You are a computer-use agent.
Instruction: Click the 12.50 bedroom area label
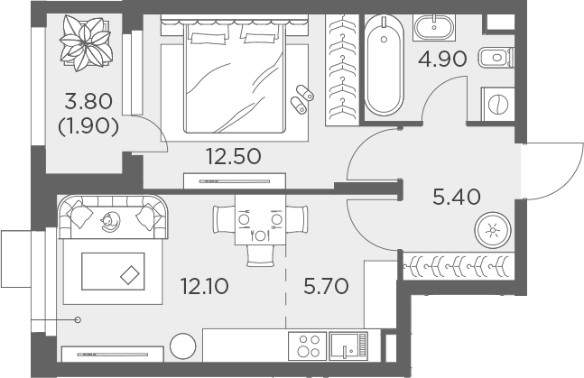click(x=234, y=156)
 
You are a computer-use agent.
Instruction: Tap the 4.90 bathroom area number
click(x=442, y=59)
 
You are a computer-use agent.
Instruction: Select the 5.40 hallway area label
click(x=457, y=197)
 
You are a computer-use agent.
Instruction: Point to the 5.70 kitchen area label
click(x=326, y=286)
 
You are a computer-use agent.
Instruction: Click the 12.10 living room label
click(x=205, y=286)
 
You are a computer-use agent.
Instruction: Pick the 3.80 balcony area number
click(x=88, y=101)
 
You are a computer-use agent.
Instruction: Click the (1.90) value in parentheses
click(x=88, y=126)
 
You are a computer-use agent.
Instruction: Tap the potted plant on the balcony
click(x=86, y=42)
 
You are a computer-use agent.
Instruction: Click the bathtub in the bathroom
click(x=384, y=66)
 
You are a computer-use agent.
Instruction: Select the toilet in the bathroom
click(x=496, y=58)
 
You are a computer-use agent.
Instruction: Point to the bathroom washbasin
click(x=434, y=27)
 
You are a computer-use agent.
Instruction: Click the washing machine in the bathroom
click(x=498, y=104)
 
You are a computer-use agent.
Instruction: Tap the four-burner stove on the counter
click(x=308, y=346)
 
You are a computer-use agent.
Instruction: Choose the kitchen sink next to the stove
click(x=348, y=346)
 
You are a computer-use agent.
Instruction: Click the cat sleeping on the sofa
click(x=110, y=222)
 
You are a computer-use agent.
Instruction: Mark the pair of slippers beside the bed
click(x=302, y=99)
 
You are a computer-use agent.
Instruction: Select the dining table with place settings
click(x=260, y=220)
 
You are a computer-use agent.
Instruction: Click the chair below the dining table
click(x=260, y=256)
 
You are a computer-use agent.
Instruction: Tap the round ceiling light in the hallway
click(x=493, y=230)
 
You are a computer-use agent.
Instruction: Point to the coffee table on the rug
click(x=113, y=272)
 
